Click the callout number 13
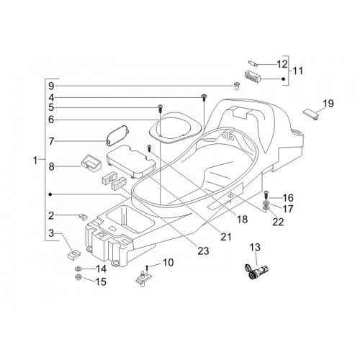pyautogui.click(x=255, y=247)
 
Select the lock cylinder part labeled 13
pyautogui.click(x=256, y=271)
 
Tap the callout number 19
pyautogui.click(x=328, y=104)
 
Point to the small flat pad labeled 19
pyautogui.click(x=311, y=114)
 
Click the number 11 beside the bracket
pyautogui.click(x=297, y=71)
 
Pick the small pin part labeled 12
pyautogui.click(x=253, y=63)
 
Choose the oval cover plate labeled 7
pyautogui.click(x=118, y=135)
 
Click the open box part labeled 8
pyautogui.click(x=91, y=163)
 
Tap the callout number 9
pyautogui.click(x=51, y=86)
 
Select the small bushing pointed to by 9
pyautogui.click(x=237, y=86)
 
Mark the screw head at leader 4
pyautogui.click(x=204, y=96)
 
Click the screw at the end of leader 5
pyautogui.click(x=160, y=109)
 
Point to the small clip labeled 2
pyautogui.click(x=83, y=217)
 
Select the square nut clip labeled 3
pyautogui.click(x=74, y=254)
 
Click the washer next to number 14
pyautogui.click(x=78, y=269)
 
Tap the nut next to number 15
pyautogui.click(x=78, y=277)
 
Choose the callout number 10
pyautogui.click(x=168, y=262)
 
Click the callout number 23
pyautogui.click(x=203, y=251)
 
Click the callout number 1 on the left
pyautogui.click(x=35, y=161)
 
